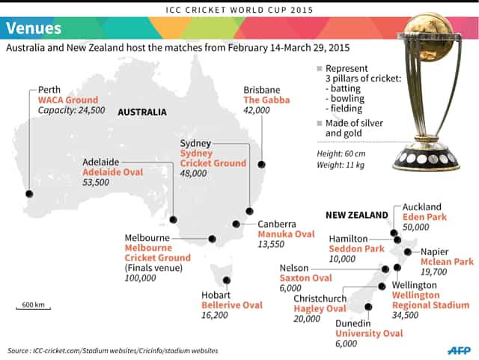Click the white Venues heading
coord(34,28)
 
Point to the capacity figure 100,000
coord(141,278)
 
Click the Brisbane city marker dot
coord(262,164)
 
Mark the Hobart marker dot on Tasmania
coord(224,279)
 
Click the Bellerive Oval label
coord(232,305)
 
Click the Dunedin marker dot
coord(367,306)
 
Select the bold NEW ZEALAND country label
coord(356,215)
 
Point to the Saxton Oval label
coord(305,278)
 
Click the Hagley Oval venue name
coord(320,308)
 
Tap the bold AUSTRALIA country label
coord(142,112)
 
